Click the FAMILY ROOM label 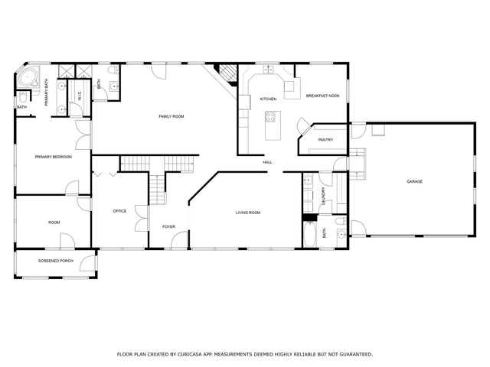tap(171, 116)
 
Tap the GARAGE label tap(414, 181)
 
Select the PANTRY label tap(325, 140)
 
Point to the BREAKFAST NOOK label tap(322, 96)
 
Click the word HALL tap(267, 162)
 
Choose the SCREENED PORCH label tap(56, 261)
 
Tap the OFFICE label tap(119, 211)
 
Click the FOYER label tap(168, 226)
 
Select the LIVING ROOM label tap(248, 213)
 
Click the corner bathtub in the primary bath tap(28, 77)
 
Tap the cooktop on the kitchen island tap(270, 117)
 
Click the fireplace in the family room tap(227, 74)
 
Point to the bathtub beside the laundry tap(309, 234)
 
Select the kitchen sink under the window tap(268, 70)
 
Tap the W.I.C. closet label tap(80, 95)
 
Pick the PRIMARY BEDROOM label tap(54, 157)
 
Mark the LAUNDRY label tap(323, 196)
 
